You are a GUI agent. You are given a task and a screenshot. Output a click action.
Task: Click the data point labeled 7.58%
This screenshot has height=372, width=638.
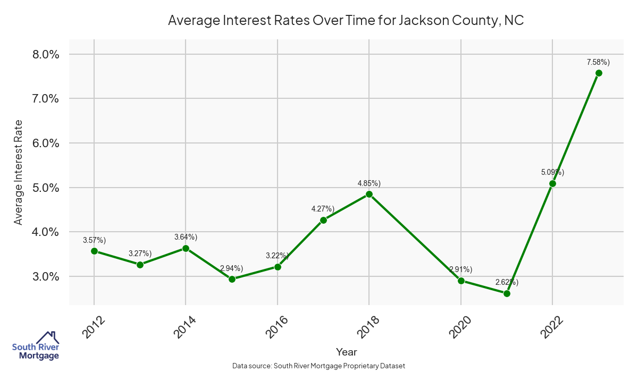(599, 73)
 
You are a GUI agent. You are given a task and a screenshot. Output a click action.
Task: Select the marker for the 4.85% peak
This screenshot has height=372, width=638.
(369, 194)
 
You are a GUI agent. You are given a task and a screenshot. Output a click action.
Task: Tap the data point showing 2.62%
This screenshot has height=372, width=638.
(507, 293)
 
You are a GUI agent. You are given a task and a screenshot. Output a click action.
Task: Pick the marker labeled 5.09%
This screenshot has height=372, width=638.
(552, 183)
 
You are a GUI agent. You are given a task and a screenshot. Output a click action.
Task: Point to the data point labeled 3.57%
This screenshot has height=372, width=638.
(94, 251)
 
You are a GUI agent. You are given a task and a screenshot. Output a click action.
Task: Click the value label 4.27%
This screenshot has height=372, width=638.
(323, 209)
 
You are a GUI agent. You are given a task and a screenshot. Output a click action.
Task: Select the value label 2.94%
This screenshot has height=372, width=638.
(231, 268)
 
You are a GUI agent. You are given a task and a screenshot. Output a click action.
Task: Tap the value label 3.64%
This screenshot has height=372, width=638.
(186, 237)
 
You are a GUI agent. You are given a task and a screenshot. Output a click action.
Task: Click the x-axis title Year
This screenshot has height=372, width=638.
(346, 352)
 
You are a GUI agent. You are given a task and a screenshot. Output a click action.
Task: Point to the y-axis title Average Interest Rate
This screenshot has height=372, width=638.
(19, 172)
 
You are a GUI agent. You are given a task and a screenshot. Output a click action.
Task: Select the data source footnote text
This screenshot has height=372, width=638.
(319, 366)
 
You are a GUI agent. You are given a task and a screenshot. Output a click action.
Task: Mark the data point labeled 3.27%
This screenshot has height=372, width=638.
(140, 265)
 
